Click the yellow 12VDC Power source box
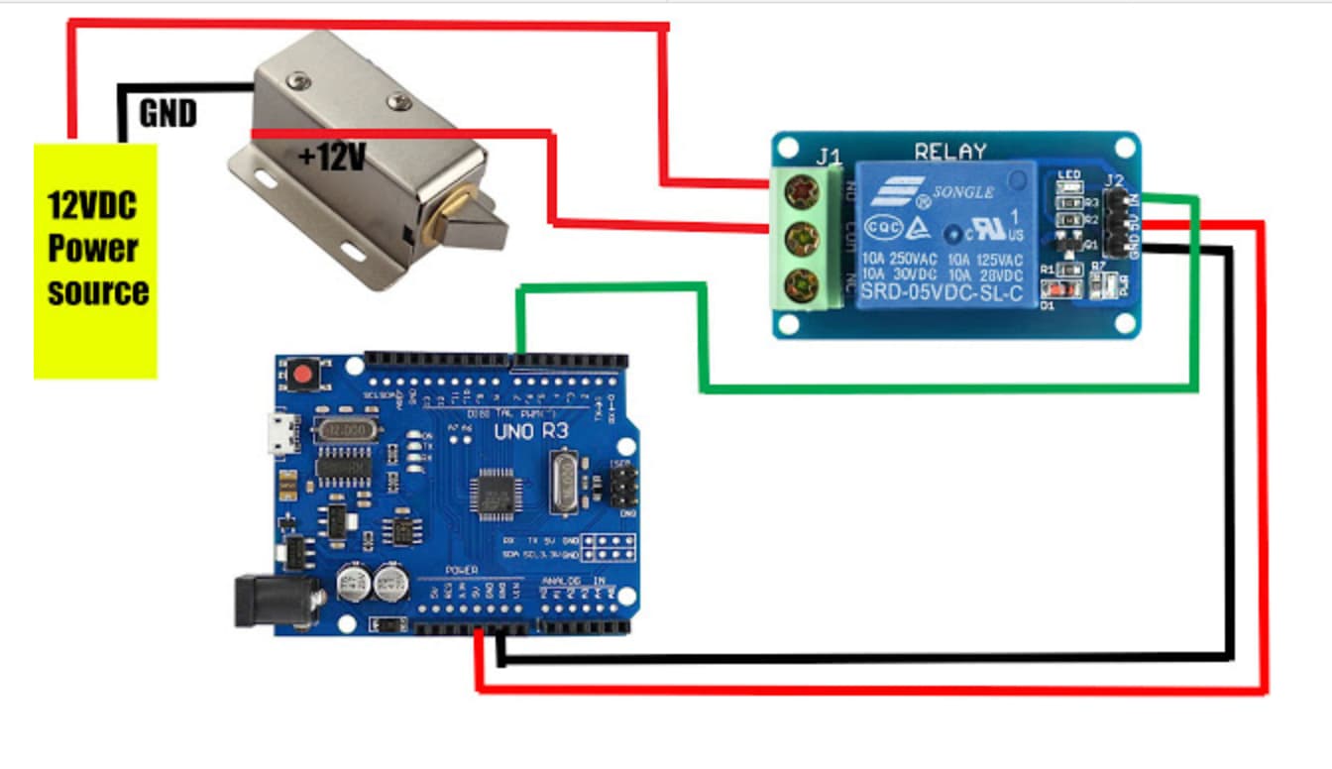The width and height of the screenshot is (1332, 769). coord(95,261)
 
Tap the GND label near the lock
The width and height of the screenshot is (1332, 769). coord(167,114)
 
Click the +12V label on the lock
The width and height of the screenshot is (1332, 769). coord(332,156)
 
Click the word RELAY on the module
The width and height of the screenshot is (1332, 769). coord(949,152)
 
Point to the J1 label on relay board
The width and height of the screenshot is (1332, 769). coord(829,156)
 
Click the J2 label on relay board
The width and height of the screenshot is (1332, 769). coord(1113,179)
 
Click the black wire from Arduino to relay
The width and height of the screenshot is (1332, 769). coord(862,656)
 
